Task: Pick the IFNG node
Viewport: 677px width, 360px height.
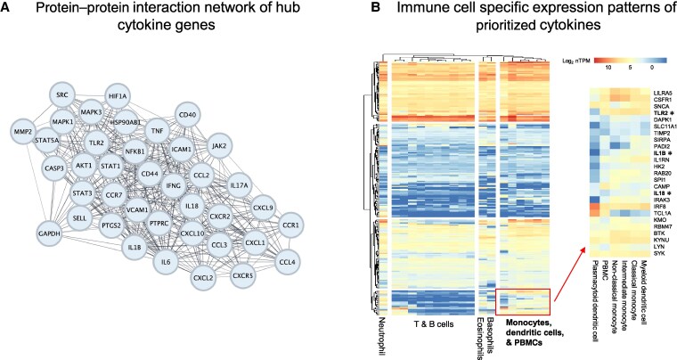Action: [174, 184]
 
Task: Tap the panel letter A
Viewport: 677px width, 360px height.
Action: [7, 9]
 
